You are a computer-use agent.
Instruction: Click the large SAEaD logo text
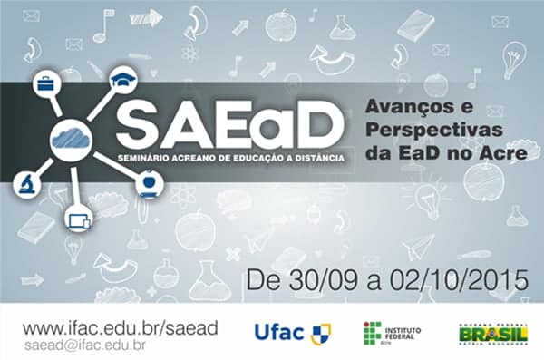[230, 123]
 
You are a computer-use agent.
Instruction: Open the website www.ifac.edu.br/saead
[120, 326]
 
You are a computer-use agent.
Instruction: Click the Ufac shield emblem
[320, 334]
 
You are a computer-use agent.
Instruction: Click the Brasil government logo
[491, 334]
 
